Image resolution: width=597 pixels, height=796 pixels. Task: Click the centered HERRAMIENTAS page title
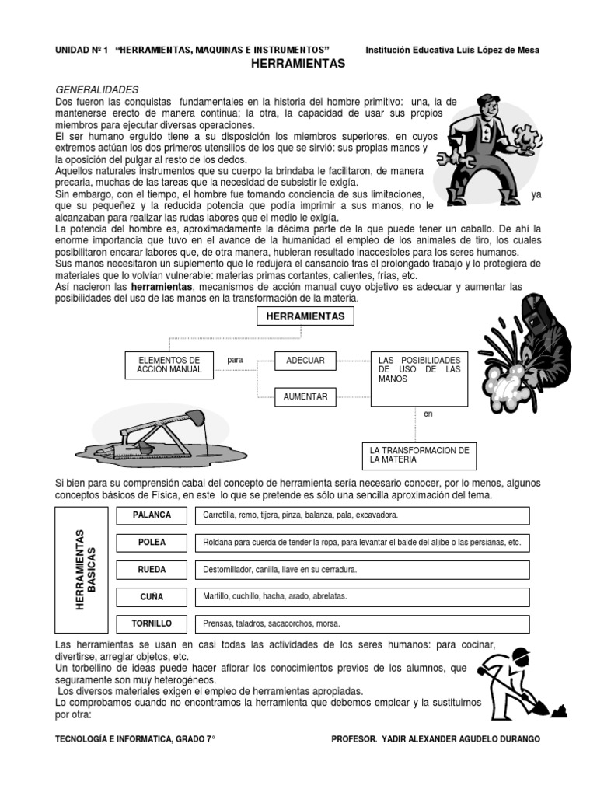298,64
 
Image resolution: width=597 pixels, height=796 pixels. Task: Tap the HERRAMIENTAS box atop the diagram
305,316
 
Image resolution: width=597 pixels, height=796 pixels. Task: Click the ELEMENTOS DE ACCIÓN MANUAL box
169,365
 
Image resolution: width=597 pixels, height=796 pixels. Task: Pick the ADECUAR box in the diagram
305,361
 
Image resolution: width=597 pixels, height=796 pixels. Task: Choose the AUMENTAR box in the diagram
305,396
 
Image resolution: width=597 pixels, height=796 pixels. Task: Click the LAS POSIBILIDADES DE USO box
419,378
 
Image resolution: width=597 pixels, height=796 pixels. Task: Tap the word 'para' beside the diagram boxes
235,361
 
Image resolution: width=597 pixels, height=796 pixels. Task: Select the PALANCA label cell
152,515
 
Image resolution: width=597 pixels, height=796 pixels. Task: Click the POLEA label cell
152,542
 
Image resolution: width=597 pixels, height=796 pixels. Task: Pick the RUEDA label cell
152,570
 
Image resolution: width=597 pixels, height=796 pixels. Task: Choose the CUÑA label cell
152,596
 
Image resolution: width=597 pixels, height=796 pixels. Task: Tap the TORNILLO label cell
152,623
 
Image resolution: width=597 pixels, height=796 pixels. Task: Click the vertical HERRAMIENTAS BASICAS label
85,569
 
